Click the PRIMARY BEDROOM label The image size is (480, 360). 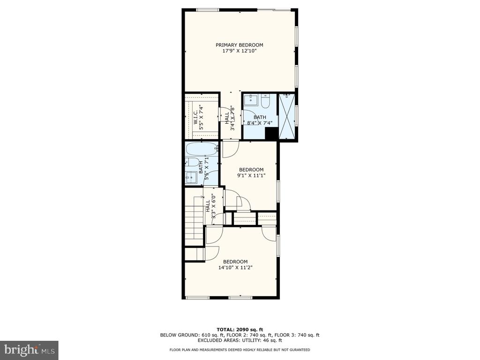point(240,45)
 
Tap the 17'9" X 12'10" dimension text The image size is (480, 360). point(240,51)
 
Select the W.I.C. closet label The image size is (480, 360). point(195,117)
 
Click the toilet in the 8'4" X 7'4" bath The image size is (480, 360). point(265,101)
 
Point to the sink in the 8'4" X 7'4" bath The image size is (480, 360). point(251,98)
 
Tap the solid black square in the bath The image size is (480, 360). point(271,134)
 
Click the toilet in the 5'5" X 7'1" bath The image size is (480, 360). point(192,162)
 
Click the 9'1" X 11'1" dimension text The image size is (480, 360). point(251,175)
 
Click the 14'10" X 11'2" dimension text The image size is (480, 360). point(235,268)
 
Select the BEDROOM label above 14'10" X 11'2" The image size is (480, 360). point(235,262)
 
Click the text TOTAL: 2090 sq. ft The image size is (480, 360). point(240,330)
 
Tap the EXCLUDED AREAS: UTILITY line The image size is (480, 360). point(240,340)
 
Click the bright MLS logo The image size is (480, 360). point(30,350)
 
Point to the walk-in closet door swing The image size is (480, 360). point(224,114)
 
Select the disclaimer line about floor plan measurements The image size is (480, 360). point(240,350)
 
